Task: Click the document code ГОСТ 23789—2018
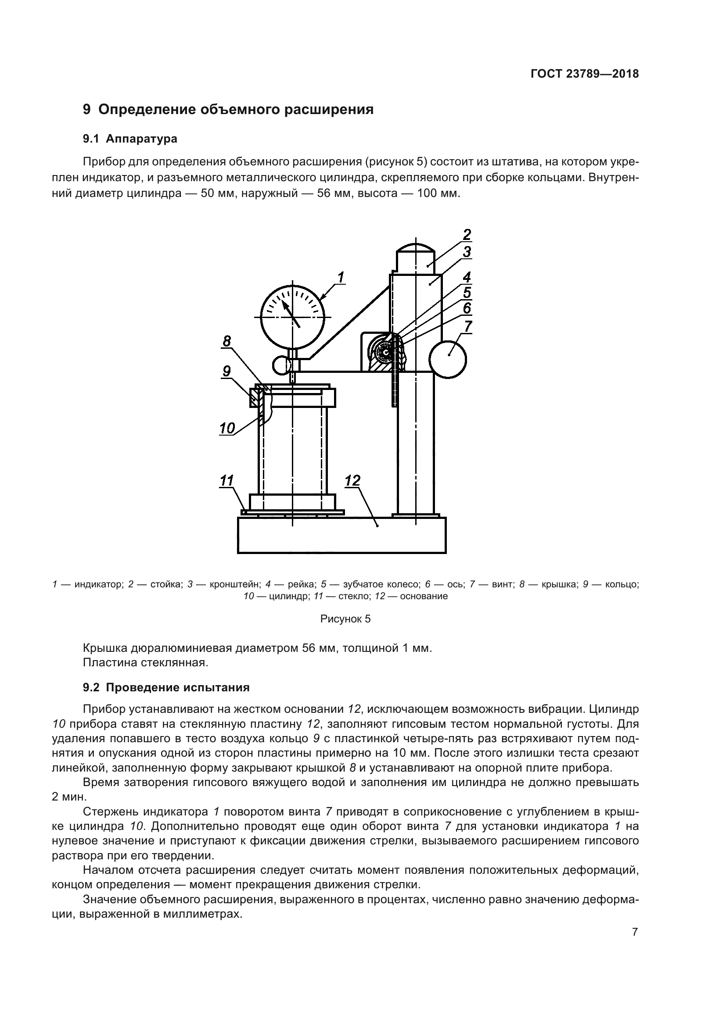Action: [584, 74]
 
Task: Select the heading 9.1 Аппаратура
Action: [130, 139]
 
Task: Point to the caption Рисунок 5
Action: [345, 619]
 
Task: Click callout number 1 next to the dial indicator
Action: [341, 278]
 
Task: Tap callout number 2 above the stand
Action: [467, 234]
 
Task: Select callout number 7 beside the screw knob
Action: [467, 327]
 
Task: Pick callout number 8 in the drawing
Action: [226, 341]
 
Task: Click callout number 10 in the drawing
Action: [227, 429]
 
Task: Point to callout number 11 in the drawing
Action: [227, 481]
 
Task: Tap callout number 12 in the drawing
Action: [352, 481]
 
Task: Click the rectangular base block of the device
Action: [341, 535]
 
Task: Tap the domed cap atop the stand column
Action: [416, 247]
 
